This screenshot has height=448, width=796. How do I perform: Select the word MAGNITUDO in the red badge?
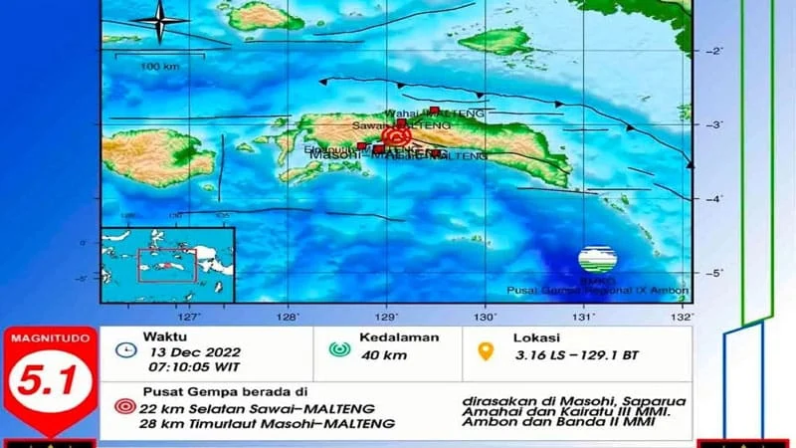(x=49, y=338)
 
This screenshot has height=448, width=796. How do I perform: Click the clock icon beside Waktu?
(x=125, y=349)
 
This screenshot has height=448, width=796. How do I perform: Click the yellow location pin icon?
(x=488, y=350)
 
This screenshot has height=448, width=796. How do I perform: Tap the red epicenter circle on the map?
(x=399, y=136)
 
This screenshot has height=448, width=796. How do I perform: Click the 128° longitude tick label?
(x=288, y=319)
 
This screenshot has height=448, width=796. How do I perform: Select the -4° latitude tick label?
(x=712, y=198)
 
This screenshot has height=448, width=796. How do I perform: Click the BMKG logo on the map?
(x=597, y=261)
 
